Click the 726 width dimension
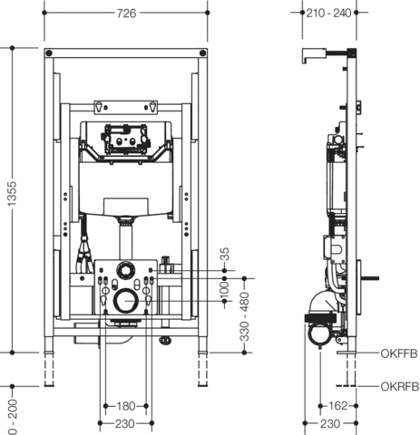tap(126, 14)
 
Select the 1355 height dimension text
tap(12, 194)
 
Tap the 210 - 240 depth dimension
tap(328, 13)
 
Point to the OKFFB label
tap(399, 353)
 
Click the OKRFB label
tap(400, 387)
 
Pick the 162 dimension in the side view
tap(337, 406)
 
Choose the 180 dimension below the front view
tap(126, 406)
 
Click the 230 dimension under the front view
tap(125, 424)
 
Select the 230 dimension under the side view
tap(330, 424)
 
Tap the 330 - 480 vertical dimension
tap(244, 316)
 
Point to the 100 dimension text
tap(224, 290)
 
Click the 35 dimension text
tap(225, 255)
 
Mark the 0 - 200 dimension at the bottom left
tap(13, 417)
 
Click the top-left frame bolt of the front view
tap(49, 53)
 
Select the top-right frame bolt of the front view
tap(203, 53)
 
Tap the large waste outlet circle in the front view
tap(126, 301)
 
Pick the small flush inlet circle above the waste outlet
tap(126, 270)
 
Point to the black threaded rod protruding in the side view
tap(370, 278)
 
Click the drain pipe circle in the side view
tap(320, 333)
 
